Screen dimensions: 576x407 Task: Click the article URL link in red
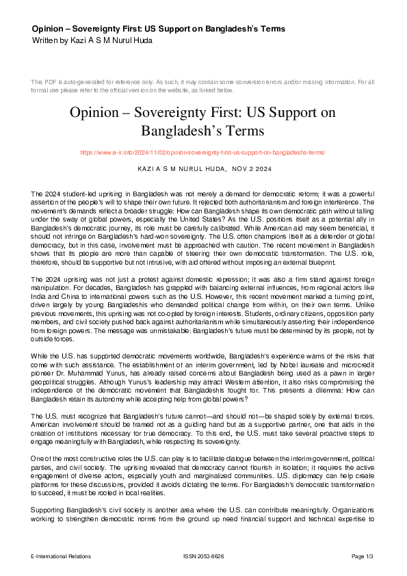[x=203, y=152]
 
